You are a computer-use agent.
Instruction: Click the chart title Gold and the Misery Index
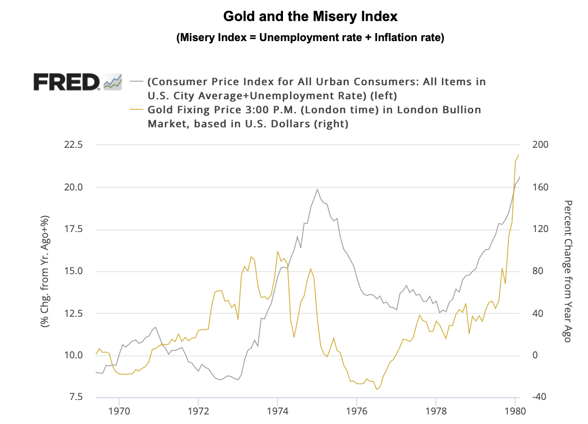point(310,16)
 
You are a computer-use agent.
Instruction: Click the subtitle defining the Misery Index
point(310,38)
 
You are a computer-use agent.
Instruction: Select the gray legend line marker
point(137,81)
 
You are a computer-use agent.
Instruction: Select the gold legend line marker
point(137,110)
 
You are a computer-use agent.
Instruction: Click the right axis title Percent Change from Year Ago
point(567,271)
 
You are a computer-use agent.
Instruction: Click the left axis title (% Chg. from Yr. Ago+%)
point(45,271)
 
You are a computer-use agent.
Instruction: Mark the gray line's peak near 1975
point(317,189)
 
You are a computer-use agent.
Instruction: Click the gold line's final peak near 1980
point(519,154)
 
